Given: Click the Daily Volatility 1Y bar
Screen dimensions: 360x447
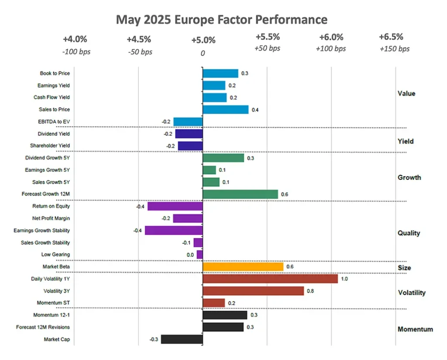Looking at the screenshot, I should pyautogui.click(x=270, y=279).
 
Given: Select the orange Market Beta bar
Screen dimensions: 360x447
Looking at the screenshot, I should pyautogui.click(x=243, y=267).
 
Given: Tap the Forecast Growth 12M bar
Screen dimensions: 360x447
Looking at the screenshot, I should pyautogui.click(x=241, y=194).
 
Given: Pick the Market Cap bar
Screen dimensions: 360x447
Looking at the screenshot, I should pyautogui.click(x=182, y=339).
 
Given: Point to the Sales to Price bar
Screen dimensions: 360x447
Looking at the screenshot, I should pyautogui.click(x=226, y=109).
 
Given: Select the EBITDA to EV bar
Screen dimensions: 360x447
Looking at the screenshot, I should pyautogui.click(x=188, y=121).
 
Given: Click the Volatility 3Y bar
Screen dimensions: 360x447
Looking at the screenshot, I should pyautogui.click(x=253, y=291).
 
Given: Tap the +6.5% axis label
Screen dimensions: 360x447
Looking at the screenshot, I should pyautogui.click(x=391, y=37).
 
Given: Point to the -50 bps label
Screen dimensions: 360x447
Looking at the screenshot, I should pyautogui.click(x=140, y=52).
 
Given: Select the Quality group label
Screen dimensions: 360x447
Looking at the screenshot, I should pyautogui.click(x=409, y=233).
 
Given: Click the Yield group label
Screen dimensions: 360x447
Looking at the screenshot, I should pyautogui.click(x=406, y=142).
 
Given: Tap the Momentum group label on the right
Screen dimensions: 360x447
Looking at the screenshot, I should pyautogui.click(x=415, y=329).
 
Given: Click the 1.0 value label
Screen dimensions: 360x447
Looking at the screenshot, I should pyautogui.click(x=344, y=279).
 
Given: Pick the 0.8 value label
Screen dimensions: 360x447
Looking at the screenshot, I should pyautogui.click(x=310, y=291).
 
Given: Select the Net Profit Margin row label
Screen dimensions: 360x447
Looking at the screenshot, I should pyautogui.click(x=51, y=218).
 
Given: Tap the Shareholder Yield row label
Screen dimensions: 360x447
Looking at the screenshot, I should pyautogui.click(x=50, y=145).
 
